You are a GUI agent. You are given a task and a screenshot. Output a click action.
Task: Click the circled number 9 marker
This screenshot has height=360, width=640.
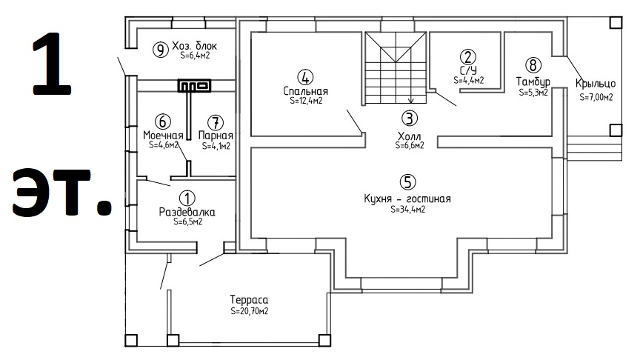pyautogui.click(x=161, y=50)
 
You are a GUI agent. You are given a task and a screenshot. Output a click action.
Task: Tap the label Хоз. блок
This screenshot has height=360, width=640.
pyautogui.click(x=194, y=46)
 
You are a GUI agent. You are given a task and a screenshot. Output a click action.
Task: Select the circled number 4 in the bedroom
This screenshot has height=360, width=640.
pyautogui.click(x=305, y=77)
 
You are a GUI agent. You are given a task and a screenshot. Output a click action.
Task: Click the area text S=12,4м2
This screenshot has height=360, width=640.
pyautogui.click(x=306, y=101)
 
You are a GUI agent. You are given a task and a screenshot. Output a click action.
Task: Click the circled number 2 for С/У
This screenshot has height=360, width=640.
pyautogui.click(x=467, y=57)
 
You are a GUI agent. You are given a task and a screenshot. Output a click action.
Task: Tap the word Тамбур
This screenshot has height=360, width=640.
pyautogui.click(x=533, y=82)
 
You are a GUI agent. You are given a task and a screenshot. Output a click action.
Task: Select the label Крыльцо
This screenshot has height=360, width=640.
pyautogui.click(x=596, y=84)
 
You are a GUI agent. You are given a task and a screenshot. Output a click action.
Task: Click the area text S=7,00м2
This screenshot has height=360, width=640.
pyautogui.click(x=596, y=97)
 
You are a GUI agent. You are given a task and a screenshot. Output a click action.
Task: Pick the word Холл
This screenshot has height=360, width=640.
pyautogui.click(x=410, y=136)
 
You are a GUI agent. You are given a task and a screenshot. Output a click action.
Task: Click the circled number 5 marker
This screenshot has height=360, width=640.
pyautogui.click(x=407, y=182)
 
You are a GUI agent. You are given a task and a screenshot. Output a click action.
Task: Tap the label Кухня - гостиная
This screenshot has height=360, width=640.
pyautogui.click(x=407, y=199)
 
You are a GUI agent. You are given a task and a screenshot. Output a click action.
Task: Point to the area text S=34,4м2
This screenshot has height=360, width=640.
pyautogui.click(x=407, y=210)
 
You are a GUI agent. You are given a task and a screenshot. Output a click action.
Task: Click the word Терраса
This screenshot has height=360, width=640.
pyautogui.click(x=249, y=300)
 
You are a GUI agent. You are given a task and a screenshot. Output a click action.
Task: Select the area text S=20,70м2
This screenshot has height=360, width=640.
pyautogui.click(x=250, y=311)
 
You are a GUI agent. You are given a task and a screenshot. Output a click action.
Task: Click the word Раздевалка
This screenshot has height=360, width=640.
pyautogui.click(x=187, y=213)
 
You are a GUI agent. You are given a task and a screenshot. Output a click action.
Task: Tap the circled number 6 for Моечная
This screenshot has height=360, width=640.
pyautogui.click(x=162, y=121)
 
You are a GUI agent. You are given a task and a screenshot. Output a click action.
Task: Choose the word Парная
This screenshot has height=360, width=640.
pyautogui.click(x=216, y=135)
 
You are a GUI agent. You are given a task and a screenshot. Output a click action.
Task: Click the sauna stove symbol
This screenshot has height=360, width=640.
pyautogui.click(x=194, y=86)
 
